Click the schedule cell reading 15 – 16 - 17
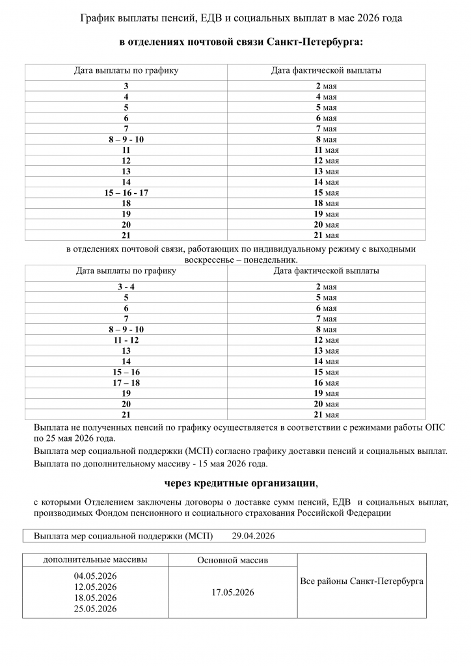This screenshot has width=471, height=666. (126, 193)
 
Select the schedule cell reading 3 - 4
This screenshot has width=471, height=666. (126, 287)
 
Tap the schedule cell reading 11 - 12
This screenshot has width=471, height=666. (126, 340)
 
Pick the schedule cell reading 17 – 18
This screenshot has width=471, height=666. (126, 383)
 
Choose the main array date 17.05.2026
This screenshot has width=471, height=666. (232, 593)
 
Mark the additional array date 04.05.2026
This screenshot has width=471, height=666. (96, 576)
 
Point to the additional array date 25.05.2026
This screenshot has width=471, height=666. (96, 609)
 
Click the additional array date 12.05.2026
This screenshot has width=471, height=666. (96, 587)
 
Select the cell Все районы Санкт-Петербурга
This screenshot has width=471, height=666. (362, 581)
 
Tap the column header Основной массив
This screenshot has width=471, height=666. (232, 560)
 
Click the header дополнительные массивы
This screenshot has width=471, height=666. (96, 559)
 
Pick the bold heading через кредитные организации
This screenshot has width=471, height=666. (241, 484)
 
